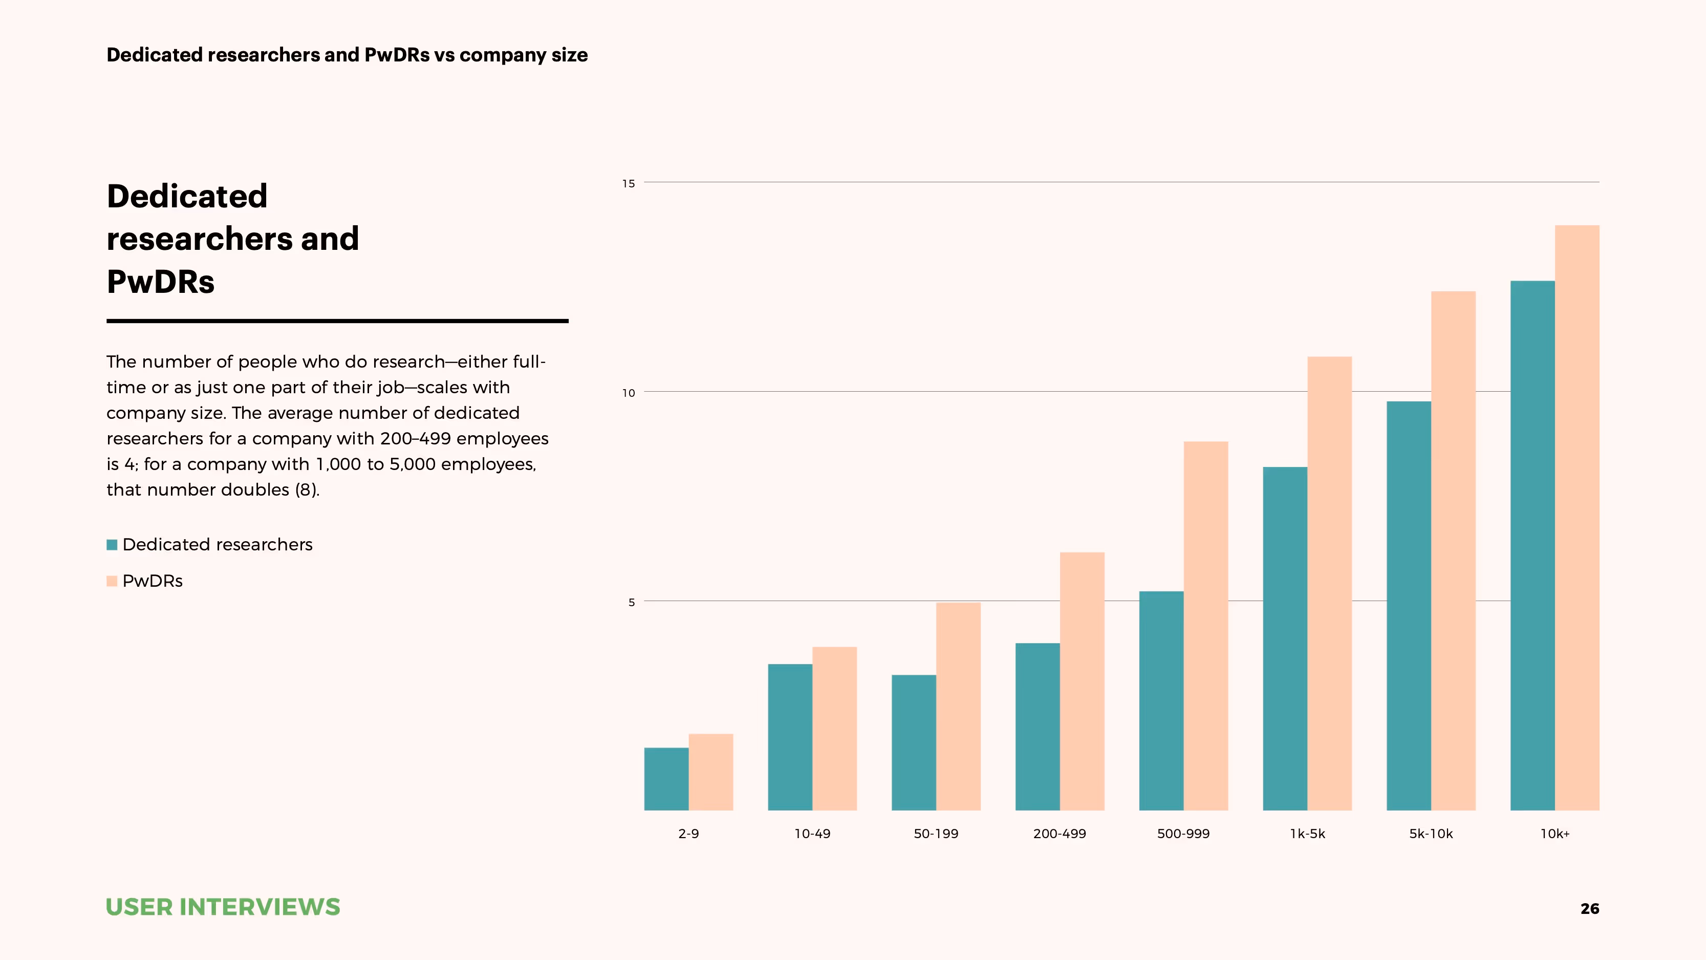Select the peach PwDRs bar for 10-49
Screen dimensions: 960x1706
click(x=834, y=728)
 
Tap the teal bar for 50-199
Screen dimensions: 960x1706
click(x=914, y=742)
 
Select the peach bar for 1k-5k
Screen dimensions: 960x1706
click(x=1329, y=583)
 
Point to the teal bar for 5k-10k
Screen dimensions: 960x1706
click(x=1409, y=606)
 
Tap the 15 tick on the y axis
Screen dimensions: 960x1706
click(x=628, y=183)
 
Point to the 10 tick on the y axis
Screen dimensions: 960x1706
click(x=628, y=393)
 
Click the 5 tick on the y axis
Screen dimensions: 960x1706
click(x=631, y=602)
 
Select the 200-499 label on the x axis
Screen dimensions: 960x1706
click(x=1060, y=834)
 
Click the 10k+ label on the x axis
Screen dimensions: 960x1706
click(x=1554, y=834)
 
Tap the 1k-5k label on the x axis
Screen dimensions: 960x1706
click(x=1307, y=834)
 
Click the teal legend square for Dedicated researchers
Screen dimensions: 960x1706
click(x=112, y=545)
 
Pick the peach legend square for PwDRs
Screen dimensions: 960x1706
click(x=112, y=581)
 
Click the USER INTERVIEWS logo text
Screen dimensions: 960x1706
click(x=223, y=907)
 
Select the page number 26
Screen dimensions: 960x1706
click(x=1589, y=909)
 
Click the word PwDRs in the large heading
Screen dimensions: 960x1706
click(x=160, y=282)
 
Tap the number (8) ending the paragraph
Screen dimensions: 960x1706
click(x=307, y=489)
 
